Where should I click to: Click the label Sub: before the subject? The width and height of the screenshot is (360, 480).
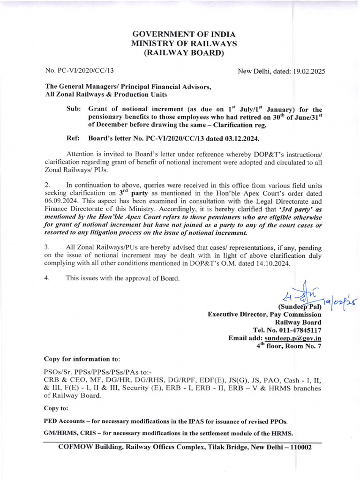(x=75, y=108)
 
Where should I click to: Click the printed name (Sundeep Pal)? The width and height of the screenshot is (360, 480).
(x=300, y=307)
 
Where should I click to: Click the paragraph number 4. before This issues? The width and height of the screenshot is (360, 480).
(x=46, y=278)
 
